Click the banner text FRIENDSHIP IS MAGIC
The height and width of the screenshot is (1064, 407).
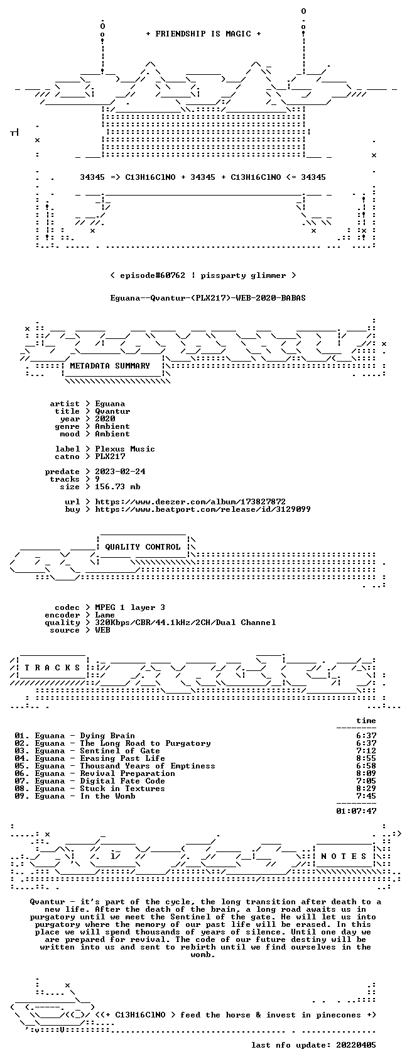[x=203, y=34]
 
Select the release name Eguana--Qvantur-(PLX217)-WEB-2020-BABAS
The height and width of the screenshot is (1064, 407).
[x=208, y=298]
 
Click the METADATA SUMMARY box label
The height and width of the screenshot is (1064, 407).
[x=109, y=366]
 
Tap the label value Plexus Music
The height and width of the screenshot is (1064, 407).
[x=125, y=449]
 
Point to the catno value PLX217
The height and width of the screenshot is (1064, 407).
[x=110, y=457]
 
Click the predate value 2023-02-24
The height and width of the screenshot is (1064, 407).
[x=120, y=472]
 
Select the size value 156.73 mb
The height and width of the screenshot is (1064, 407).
[x=117, y=487]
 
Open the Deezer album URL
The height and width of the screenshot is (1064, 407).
[x=190, y=502]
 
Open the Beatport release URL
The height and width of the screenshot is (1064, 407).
[x=202, y=509]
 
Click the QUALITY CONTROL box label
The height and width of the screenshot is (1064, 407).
[x=143, y=546]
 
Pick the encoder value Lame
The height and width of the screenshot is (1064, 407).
[x=105, y=615]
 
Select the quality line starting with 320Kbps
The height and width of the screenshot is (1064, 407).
[x=185, y=623]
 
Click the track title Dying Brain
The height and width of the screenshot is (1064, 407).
[x=107, y=736]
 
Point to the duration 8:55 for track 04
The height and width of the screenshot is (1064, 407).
[x=366, y=758]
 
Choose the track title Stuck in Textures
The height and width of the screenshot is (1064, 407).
[x=122, y=789]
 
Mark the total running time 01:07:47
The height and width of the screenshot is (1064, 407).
[x=356, y=811]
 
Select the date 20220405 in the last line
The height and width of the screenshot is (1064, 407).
[x=356, y=1045]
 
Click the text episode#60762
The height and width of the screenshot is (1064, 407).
[x=152, y=275]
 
